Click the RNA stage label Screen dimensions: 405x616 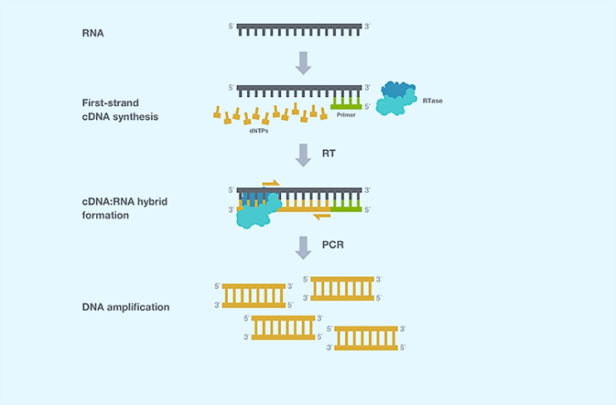coord(93,34)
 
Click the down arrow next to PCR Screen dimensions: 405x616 coord(303,246)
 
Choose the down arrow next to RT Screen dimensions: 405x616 coord(303,153)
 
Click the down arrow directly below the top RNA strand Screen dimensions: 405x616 coord(303,62)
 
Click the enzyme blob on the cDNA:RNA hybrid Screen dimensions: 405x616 coord(259,213)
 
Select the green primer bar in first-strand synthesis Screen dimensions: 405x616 coord(346,106)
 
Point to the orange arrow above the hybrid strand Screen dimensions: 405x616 coord(270,182)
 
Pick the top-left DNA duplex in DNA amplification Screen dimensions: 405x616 coord(254,295)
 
